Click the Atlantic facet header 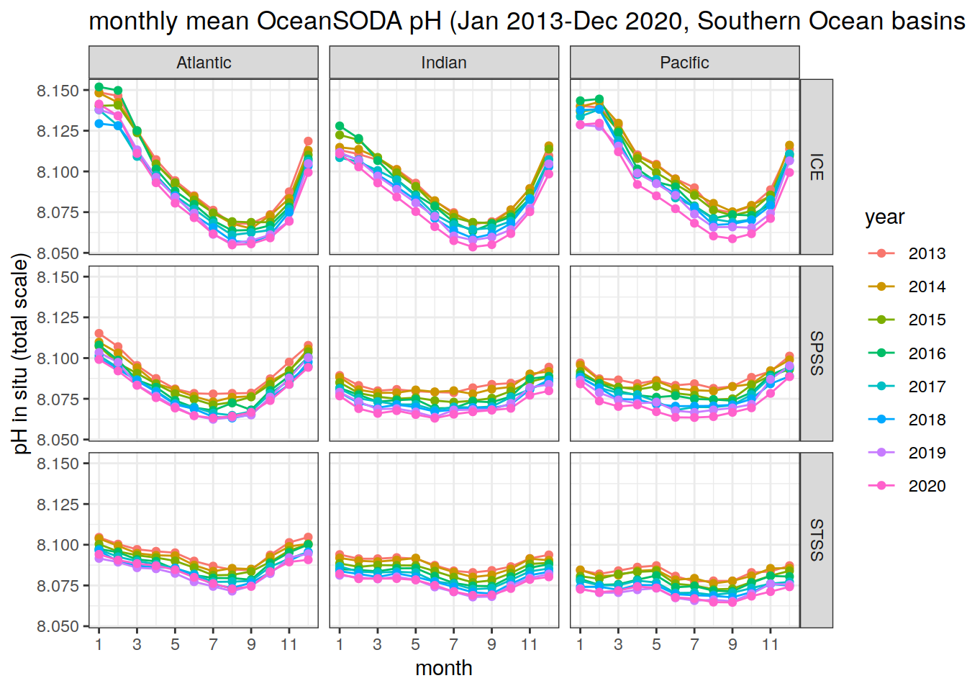tap(204, 63)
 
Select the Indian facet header tap(444, 63)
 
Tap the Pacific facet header tap(684, 63)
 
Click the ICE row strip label tap(817, 167)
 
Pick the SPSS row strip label tap(817, 353)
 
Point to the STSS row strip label tap(817, 540)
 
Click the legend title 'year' tap(884, 217)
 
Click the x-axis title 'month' tap(444, 668)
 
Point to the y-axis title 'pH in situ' tap(21, 353)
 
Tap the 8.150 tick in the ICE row tap(58, 91)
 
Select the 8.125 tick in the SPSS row tap(58, 317)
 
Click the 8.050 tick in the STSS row tap(58, 626)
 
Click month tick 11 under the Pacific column tap(771, 644)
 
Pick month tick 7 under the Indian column tap(453, 644)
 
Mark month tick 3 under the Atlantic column tap(137, 644)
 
